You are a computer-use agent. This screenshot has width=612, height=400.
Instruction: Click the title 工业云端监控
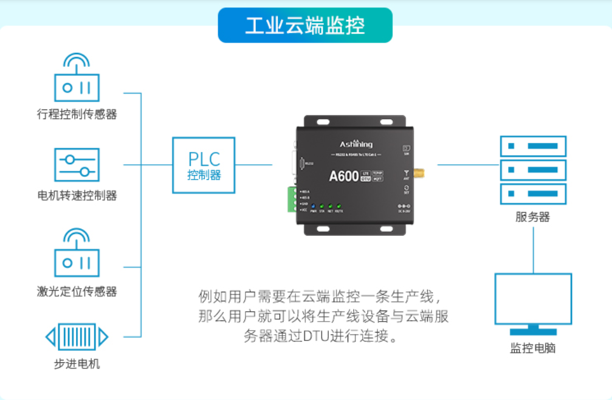point(305,26)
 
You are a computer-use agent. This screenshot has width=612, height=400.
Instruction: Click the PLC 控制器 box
point(204,165)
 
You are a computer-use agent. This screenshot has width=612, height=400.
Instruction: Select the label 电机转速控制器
point(77,196)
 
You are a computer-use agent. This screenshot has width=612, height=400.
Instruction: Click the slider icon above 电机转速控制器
point(77,165)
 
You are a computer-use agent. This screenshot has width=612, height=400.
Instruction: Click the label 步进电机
point(77,364)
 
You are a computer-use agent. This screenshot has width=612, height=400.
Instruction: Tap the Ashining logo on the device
point(356,144)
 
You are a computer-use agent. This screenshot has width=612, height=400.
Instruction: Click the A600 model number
point(344,176)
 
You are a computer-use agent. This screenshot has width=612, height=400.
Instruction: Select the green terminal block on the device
point(293,200)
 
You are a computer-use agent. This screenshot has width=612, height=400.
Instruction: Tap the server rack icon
point(532,170)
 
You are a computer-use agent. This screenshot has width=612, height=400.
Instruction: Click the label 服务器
point(532,217)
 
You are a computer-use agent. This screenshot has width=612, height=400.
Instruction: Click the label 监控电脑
point(533,348)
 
